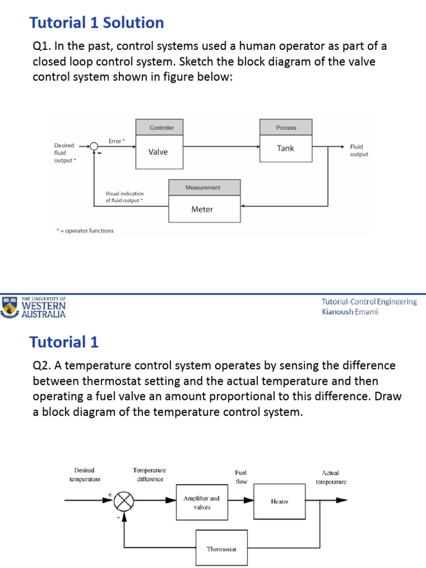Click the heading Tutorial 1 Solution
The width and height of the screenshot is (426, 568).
tap(97, 23)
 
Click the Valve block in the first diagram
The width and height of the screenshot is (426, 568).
tap(158, 152)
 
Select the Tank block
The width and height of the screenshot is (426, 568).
tap(286, 148)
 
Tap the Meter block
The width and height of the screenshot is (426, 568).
tap(202, 209)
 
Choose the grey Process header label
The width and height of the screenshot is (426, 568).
tap(286, 128)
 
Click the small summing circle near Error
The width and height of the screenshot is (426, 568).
tap(94, 146)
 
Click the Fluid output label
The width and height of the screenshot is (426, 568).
tap(358, 150)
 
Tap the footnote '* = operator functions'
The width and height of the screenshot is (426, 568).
tap(84, 231)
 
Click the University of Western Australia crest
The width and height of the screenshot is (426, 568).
tap(9, 307)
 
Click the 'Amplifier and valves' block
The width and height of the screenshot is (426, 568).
tap(201, 503)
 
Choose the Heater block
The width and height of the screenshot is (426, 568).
tap(280, 501)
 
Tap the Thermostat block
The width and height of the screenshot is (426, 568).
tap(221, 549)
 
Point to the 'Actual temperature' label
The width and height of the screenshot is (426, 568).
tap(331, 477)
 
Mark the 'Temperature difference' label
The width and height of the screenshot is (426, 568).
tap(149, 474)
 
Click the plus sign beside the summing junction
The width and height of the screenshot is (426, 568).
tap(109, 494)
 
